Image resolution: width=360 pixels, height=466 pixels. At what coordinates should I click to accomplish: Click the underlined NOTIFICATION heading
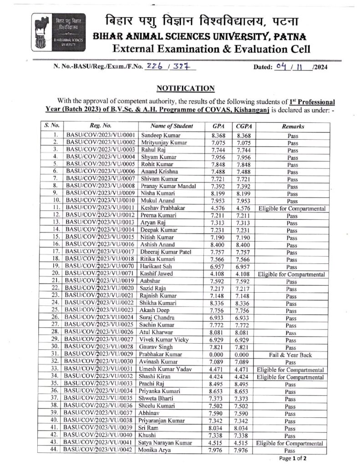(185, 88)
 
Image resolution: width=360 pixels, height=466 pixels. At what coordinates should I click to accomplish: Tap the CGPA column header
(242, 126)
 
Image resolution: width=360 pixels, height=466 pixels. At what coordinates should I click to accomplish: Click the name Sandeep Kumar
(161, 136)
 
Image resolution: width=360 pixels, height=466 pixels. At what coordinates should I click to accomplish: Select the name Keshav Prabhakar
(164, 208)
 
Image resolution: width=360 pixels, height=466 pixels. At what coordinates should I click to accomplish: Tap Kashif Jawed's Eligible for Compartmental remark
(291, 274)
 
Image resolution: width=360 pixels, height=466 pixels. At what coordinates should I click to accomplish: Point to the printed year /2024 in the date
(320, 67)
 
